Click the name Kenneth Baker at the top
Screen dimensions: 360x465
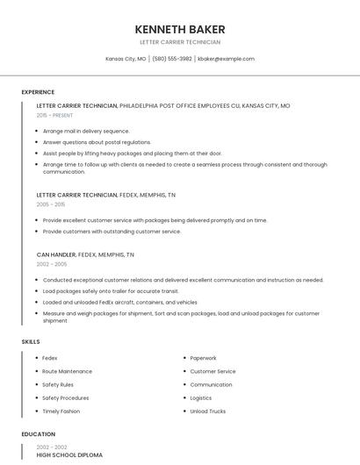(x=179, y=29)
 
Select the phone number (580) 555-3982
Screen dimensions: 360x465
(x=171, y=59)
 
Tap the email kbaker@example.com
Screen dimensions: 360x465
(x=226, y=59)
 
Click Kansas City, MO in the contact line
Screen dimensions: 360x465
(x=126, y=59)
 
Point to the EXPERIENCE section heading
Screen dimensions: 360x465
(x=38, y=92)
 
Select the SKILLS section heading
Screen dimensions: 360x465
(x=31, y=341)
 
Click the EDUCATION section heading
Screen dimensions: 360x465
(x=39, y=434)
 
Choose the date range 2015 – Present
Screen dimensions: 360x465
(x=54, y=115)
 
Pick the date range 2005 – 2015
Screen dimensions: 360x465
(x=51, y=204)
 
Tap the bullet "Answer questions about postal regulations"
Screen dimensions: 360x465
(x=97, y=142)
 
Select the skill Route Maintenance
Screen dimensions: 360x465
(x=67, y=371)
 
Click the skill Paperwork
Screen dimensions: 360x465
(x=203, y=358)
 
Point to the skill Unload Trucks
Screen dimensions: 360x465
(x=208, y=411)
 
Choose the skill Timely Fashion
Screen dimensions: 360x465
(x=61, y=411)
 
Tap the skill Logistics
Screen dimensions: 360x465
(x=201, y=397)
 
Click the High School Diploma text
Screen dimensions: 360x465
(x=69, y=455)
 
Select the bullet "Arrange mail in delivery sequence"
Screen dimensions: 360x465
(x=86, y=131)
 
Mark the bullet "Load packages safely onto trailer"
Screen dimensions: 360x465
(x=111, y=290)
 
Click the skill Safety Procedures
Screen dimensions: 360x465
(x=66, y=397)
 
